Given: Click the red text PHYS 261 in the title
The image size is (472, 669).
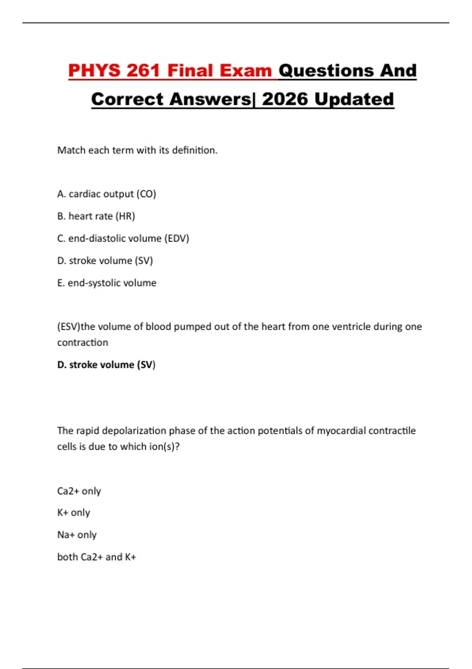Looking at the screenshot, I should click(x=114, y=71).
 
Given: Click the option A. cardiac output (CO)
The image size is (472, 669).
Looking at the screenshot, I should click(x=107, y=194).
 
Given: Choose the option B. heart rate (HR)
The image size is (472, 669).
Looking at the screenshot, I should click(x=96, y=216).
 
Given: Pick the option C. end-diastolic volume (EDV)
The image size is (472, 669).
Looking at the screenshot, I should click(x=123, y=238).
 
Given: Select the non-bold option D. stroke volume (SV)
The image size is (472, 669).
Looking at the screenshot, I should click(x=105, y=261).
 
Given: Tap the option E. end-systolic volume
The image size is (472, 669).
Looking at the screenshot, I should click(x=107, y=283).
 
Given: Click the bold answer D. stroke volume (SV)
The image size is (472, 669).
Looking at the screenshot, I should click(x=106, y=365).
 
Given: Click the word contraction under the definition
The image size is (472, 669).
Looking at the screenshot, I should click(x=83, y=343).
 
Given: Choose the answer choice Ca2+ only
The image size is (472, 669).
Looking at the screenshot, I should click(x=79, y=491).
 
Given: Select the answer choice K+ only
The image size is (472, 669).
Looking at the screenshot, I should click(x=74, y=513).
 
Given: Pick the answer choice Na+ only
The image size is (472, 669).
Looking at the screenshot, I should click(x=77, y=535).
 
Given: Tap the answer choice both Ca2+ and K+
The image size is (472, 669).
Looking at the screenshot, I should click(x=96, y=557).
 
